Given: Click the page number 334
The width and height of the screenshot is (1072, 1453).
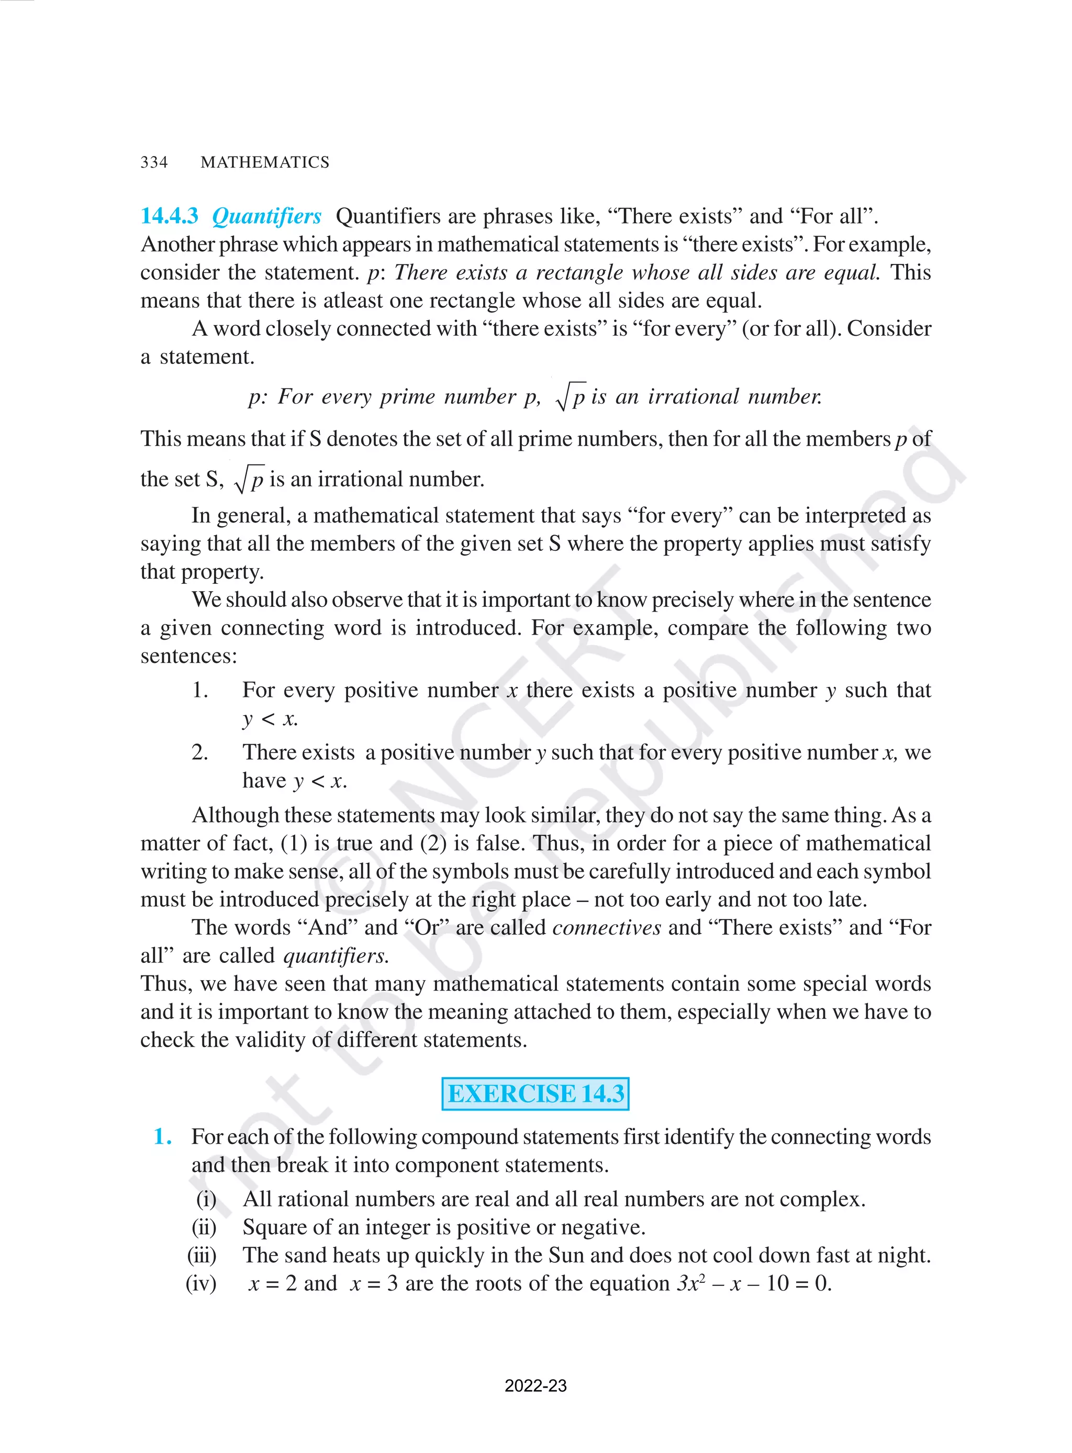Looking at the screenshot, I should (x=154, y=162).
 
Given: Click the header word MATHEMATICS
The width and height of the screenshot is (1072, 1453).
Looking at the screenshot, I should (x=265, y=162).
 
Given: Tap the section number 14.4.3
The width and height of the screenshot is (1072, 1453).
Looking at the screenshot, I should (x=170, y=216).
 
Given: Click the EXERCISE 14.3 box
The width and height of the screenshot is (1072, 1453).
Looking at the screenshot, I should (x=535, y=1093).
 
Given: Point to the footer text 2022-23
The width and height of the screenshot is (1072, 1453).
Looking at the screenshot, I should (x=535, y=1385).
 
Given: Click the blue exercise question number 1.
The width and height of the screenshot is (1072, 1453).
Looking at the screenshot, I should (x=162, y=1136).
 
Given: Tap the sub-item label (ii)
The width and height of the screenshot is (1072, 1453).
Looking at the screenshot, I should (x=204, y=1227).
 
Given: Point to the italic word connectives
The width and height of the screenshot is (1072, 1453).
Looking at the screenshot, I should (x=606, y=927).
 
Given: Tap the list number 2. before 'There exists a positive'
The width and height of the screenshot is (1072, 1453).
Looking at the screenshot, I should (x=200, y=752).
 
